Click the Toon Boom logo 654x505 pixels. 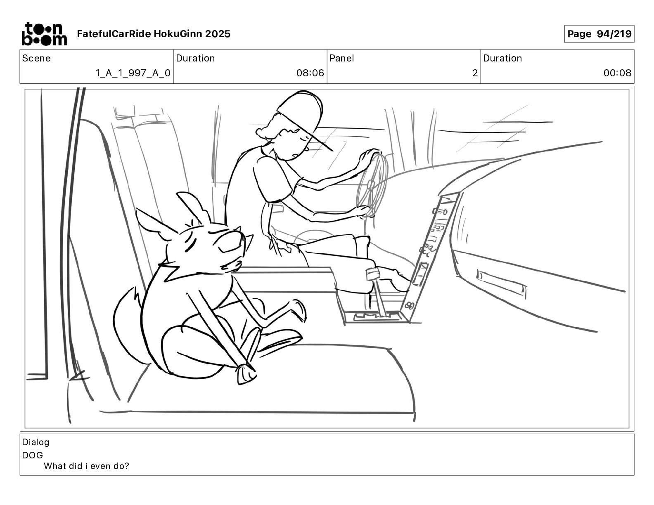(x=44, y=34)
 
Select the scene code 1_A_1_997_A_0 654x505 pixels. (x=133, y=73)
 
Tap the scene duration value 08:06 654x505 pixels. (x=310, y=73)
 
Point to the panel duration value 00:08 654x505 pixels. (x=617, y=73)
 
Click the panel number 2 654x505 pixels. (x=475, y=73)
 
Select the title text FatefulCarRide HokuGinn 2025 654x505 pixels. (x=154, y=34)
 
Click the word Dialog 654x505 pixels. (x=36, y=442)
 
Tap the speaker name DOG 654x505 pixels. (x=33, y=455)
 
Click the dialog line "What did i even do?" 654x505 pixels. (x=86, y=466)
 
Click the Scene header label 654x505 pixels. (x=36, y=58)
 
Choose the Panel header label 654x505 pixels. (x=342, y=58)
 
